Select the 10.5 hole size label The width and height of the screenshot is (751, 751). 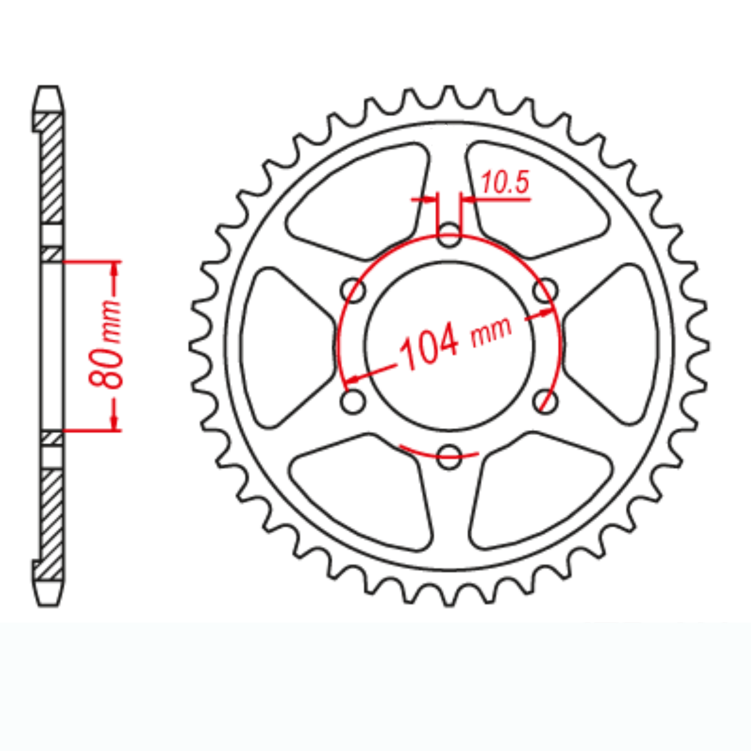pyautogui.click(x=504, y=183)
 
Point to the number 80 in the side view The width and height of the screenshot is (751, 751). pyautogui.click(x=103, y=371)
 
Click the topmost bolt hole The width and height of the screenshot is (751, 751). pyautogui.click(x=449, y=237)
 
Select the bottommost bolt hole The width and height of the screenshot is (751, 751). pyautogui.click(x=449, y=457)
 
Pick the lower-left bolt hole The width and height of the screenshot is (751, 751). pyautogui.click(x=354, y=401)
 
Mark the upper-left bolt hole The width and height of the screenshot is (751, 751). pyautogui.click(x=354, y=291)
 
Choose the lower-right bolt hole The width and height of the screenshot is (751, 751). pyautogui.click(x=546, y=401)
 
